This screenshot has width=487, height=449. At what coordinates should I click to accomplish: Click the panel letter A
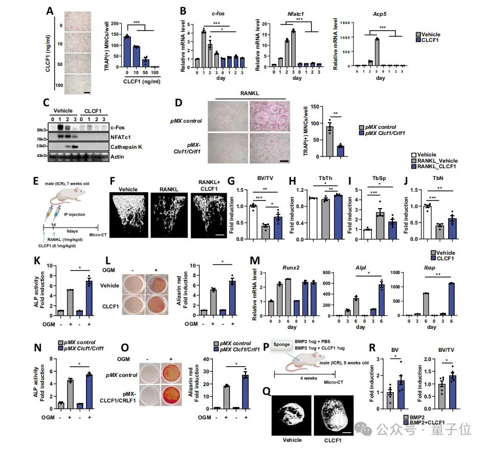pos(50,11)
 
